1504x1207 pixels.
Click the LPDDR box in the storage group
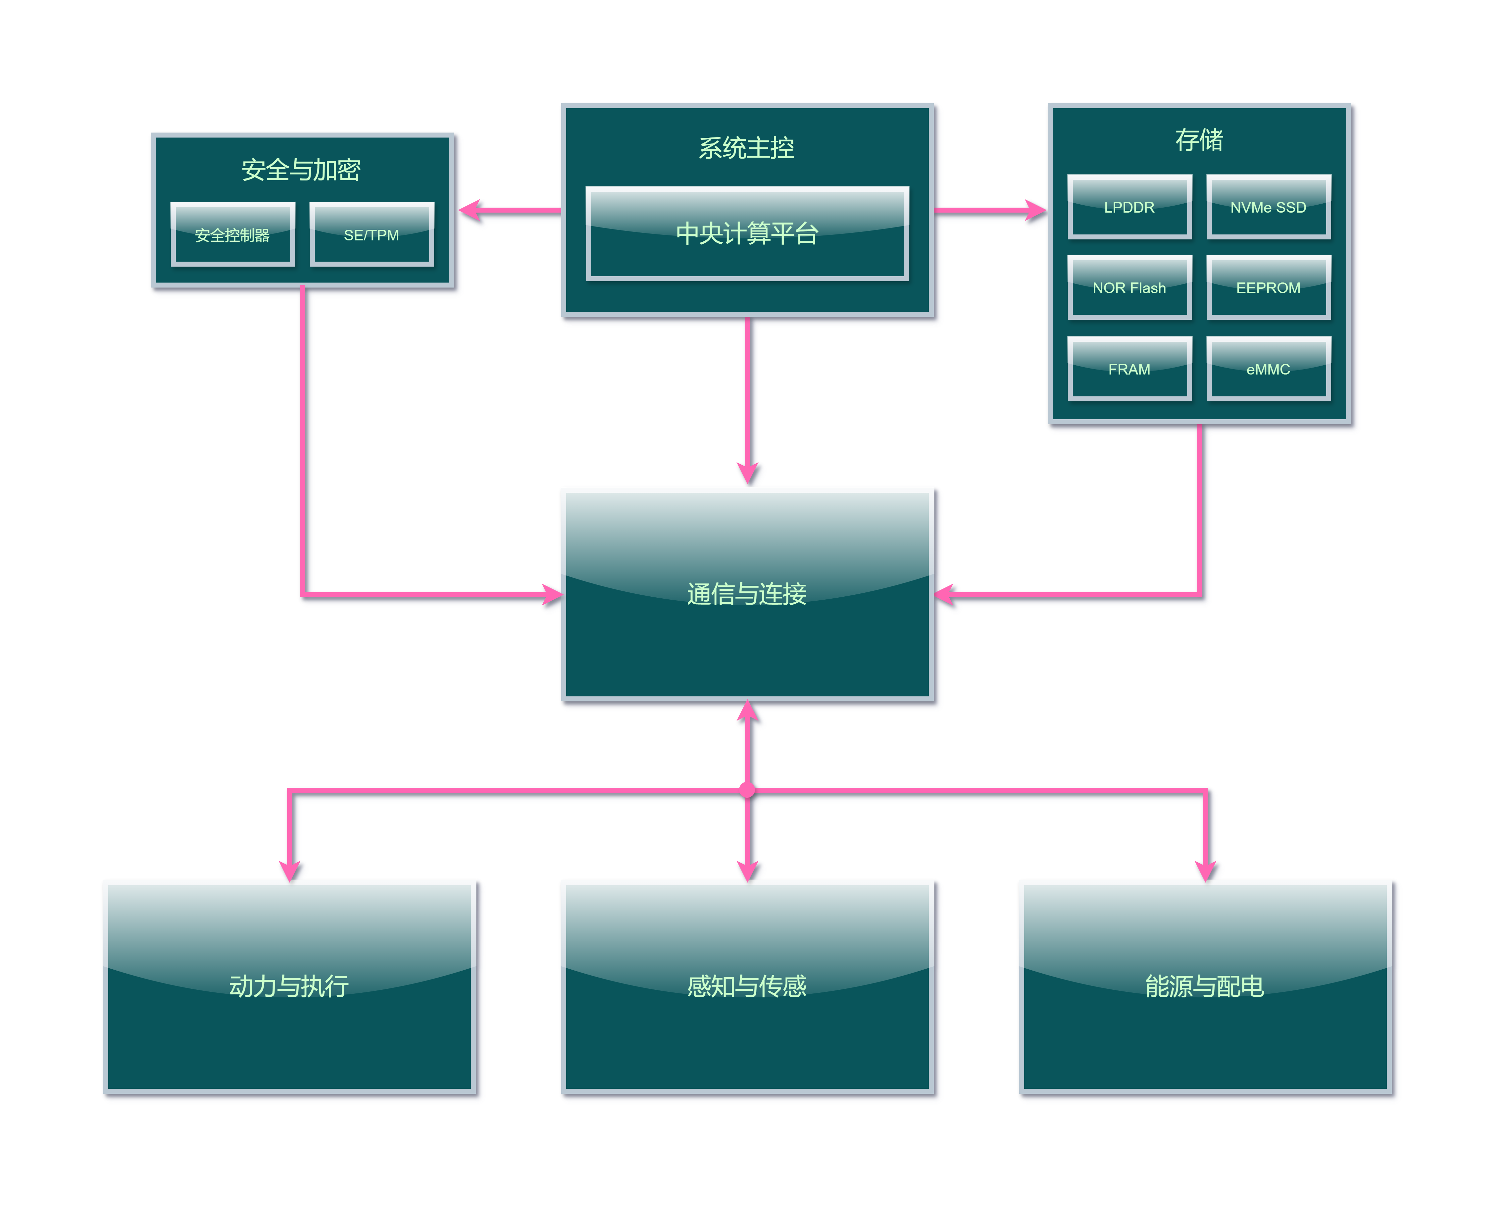pos(1129,207)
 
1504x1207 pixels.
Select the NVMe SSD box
pos(1268,207)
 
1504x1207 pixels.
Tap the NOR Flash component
pos(1129,287)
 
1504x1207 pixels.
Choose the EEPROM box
pos(1268,287)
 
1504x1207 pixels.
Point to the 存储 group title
pos(1199,139)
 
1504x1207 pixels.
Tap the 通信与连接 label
pos(747,594)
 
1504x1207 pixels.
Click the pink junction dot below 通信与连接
pos(747,790)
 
